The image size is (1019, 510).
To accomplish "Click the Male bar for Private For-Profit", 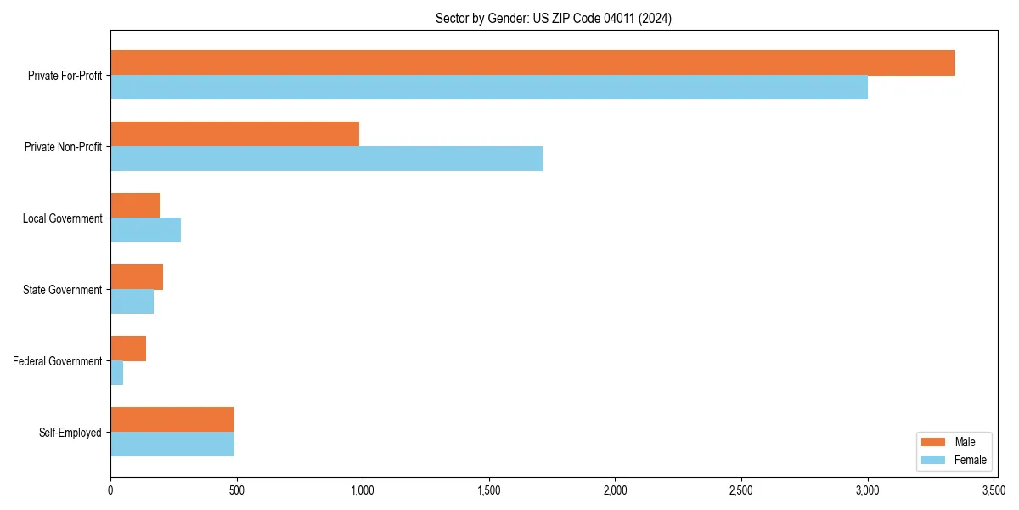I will (x=532, y=63).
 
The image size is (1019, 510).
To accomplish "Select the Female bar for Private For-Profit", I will (x=489, y=88).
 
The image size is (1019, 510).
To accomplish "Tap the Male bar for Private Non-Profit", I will (x=234, y=134).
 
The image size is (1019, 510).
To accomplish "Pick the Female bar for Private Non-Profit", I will (x=326, y=159).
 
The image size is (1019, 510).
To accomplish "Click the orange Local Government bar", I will (x=135, y=206).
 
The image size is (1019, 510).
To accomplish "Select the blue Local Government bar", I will (x=145, y=230).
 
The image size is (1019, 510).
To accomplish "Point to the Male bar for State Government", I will (x=137, y=277).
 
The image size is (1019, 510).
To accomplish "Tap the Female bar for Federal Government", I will (x=117, y=373).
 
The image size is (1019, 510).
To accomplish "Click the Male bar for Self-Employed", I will (x=172, y=420).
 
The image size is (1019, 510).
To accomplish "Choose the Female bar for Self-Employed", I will (x=172, y=445).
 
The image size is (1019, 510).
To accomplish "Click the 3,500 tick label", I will (x=994, y=491).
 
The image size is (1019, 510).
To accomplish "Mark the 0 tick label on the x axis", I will (x=110, y=491).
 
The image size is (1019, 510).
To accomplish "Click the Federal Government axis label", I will (x=58, y=361).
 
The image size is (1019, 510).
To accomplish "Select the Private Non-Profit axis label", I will (x=63, y=147).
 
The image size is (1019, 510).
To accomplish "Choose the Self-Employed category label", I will (x=70, y=433).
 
